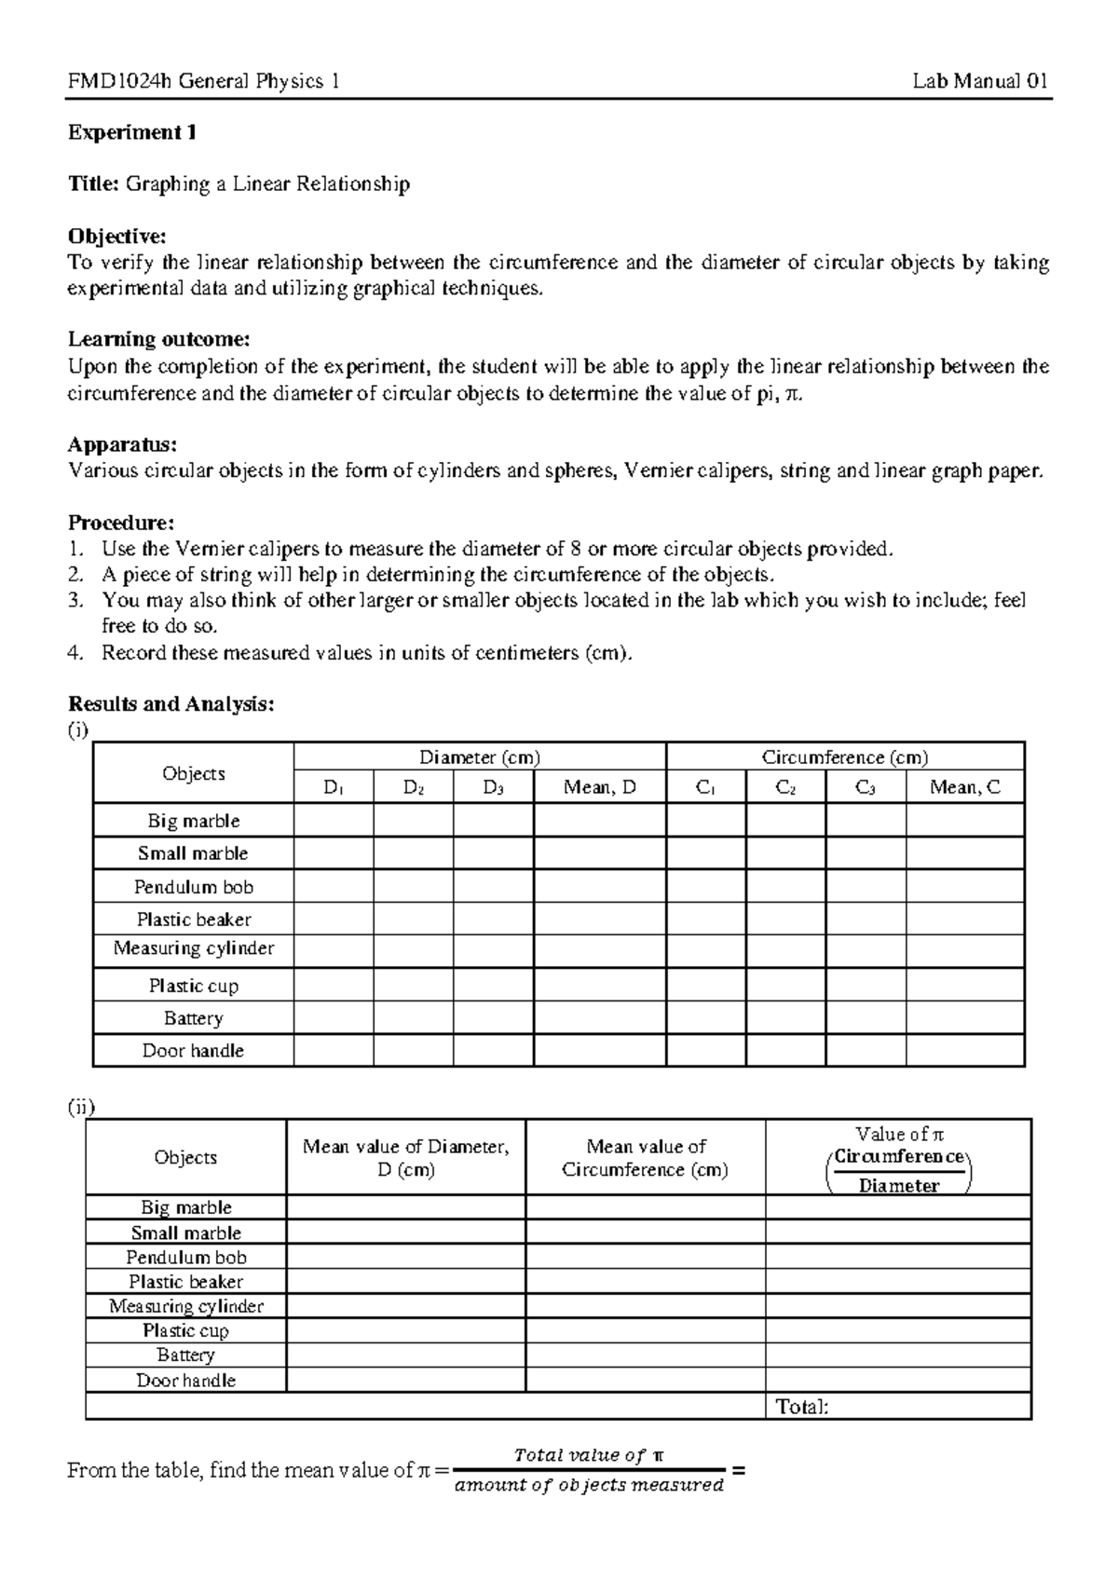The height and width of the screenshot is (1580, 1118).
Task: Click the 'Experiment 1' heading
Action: [131, 132]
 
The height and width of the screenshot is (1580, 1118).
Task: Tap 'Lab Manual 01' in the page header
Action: [980, 81]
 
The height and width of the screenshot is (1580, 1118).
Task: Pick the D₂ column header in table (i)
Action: [414, 788]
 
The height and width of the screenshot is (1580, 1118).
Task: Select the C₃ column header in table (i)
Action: [865, 788]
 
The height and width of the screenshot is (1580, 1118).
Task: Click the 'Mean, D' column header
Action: [599, 788]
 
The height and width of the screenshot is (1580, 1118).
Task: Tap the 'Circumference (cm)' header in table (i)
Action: [845, 757]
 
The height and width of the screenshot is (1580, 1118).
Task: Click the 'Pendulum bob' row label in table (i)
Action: [193, 887]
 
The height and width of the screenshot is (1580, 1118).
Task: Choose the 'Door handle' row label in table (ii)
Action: [185, 1381]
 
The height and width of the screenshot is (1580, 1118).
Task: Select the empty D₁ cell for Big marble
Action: [334, 821]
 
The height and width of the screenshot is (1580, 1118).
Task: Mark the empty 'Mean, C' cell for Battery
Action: [964, 1018]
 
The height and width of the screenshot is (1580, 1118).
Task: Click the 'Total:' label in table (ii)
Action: [802, 1407]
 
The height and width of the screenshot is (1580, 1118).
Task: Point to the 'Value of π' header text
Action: [899, 1135]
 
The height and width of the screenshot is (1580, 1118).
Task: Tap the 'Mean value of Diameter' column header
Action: [405, 1147]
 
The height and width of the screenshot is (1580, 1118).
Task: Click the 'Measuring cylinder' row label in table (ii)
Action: [185, 1306]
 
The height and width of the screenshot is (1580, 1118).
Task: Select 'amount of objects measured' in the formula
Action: [588, 1486]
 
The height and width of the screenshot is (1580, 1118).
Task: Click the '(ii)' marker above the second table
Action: [80, 1107]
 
